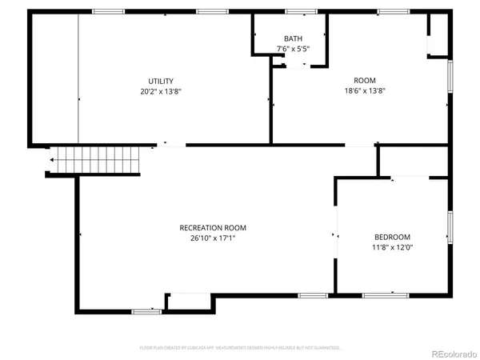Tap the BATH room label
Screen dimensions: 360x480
coord(292,39)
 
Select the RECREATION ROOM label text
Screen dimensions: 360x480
coord(207,227)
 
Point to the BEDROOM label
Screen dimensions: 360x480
coord(392,237)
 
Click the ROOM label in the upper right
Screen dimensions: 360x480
coord(365,80)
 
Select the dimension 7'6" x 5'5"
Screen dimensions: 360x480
coord(292,49)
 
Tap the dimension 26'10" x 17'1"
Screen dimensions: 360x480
coord(207,238)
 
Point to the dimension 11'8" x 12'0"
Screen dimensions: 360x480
coord(392,247)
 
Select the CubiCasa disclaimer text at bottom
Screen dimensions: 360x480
coord(240,348)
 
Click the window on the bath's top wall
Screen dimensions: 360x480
coord(297,11)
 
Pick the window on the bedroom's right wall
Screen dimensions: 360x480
coord(450,226)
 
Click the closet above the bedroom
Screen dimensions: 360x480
coord(413,161)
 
